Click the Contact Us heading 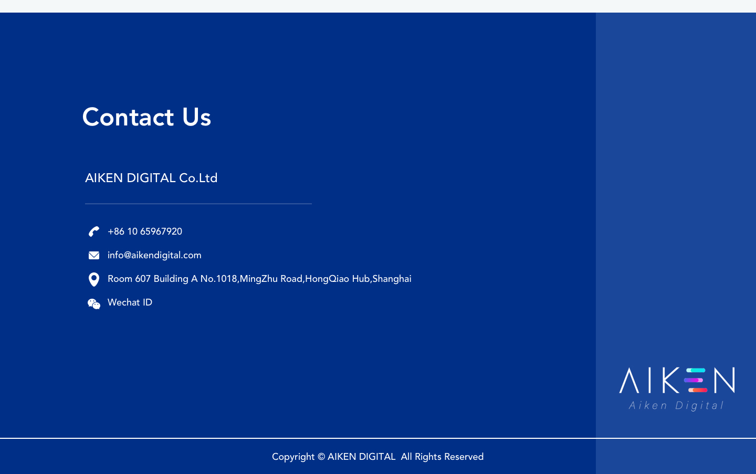coord(146,117)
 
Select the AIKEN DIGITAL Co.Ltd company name coord(151,178)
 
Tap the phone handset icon coord(94,231)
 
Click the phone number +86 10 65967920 coord(145,231)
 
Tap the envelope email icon coord(94,256)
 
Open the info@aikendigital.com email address coord(154,255)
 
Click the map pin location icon coord(94,279)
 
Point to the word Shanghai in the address coord(392,279)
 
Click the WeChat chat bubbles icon coord(94,303)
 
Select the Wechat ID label coord(130,302)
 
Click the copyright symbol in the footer coord(321,457)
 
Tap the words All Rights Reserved coord(442,457)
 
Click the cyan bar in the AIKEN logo coord(696,371)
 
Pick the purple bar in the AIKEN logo coord(693,380)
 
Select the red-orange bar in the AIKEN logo coord(698,390)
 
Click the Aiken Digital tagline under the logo coord(676,406)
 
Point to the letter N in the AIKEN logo coord(724,380)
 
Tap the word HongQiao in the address coord(327,279)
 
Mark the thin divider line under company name coord(198,204)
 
